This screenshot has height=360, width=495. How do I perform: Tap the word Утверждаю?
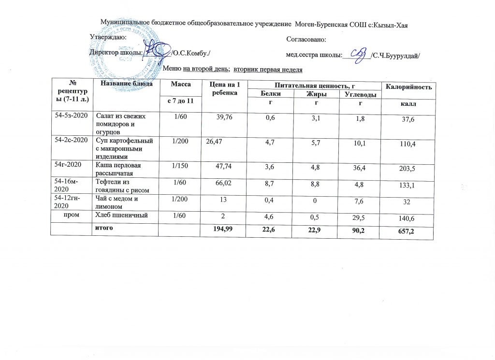[109, 37]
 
